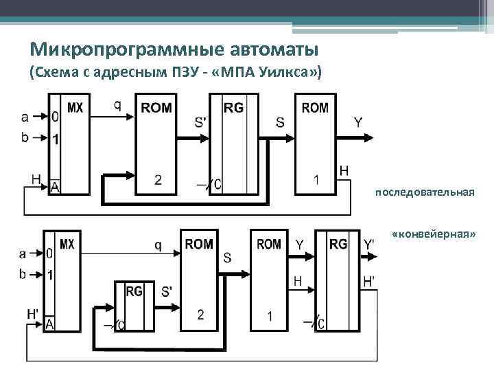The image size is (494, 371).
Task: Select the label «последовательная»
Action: [x=425, y=192]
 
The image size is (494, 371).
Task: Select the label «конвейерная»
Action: [x=434, y=234]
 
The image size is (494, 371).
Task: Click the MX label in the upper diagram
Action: [x=75, y=107]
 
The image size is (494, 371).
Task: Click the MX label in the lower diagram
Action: [x=67, y=244]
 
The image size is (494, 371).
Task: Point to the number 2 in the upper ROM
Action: [x=158, y=180]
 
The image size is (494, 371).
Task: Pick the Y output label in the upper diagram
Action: [x=358, y=123]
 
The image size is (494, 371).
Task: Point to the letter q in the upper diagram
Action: [x=117, y=105]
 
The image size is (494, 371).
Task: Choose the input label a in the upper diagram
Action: [x=25, y=116]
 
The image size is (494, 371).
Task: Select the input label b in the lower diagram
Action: [x=23, y=274]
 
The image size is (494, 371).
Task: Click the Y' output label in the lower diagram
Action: [x=369, y=245]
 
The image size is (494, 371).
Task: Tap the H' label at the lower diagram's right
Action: [x=368, y=281]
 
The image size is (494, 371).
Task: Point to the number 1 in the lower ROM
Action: [x=270, y=316]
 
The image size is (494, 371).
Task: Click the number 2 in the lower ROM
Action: [x=200, y=315]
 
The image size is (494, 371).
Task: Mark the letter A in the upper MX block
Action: [x=54, y=186]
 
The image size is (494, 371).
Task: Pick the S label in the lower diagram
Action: [x=227, y=258]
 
